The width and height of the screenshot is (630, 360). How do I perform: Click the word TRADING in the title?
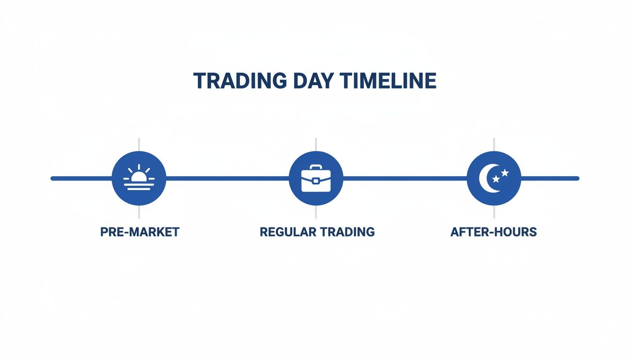(240, 81)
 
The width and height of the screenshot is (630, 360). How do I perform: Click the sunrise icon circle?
(139, 178)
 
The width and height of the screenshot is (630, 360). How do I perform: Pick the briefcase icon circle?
(316, 178)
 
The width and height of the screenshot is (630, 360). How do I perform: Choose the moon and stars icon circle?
(494, 178)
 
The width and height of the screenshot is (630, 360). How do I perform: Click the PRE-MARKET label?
(140, 232)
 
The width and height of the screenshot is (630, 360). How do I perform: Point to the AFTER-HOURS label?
(494, 232)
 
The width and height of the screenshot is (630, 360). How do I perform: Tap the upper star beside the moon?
(505, 172)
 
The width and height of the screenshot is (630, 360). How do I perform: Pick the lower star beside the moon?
(496, 179)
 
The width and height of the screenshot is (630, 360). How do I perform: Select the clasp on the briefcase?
(316, 181)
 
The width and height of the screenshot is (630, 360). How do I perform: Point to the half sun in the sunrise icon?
(139, 177)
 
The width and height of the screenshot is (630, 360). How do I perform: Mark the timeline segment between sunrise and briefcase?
(227, 178)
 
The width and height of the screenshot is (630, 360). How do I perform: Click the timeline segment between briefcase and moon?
(405, 178)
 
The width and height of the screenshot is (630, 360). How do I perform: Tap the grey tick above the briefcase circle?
(316, 144)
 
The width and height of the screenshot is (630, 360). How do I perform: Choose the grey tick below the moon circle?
(494, 212)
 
